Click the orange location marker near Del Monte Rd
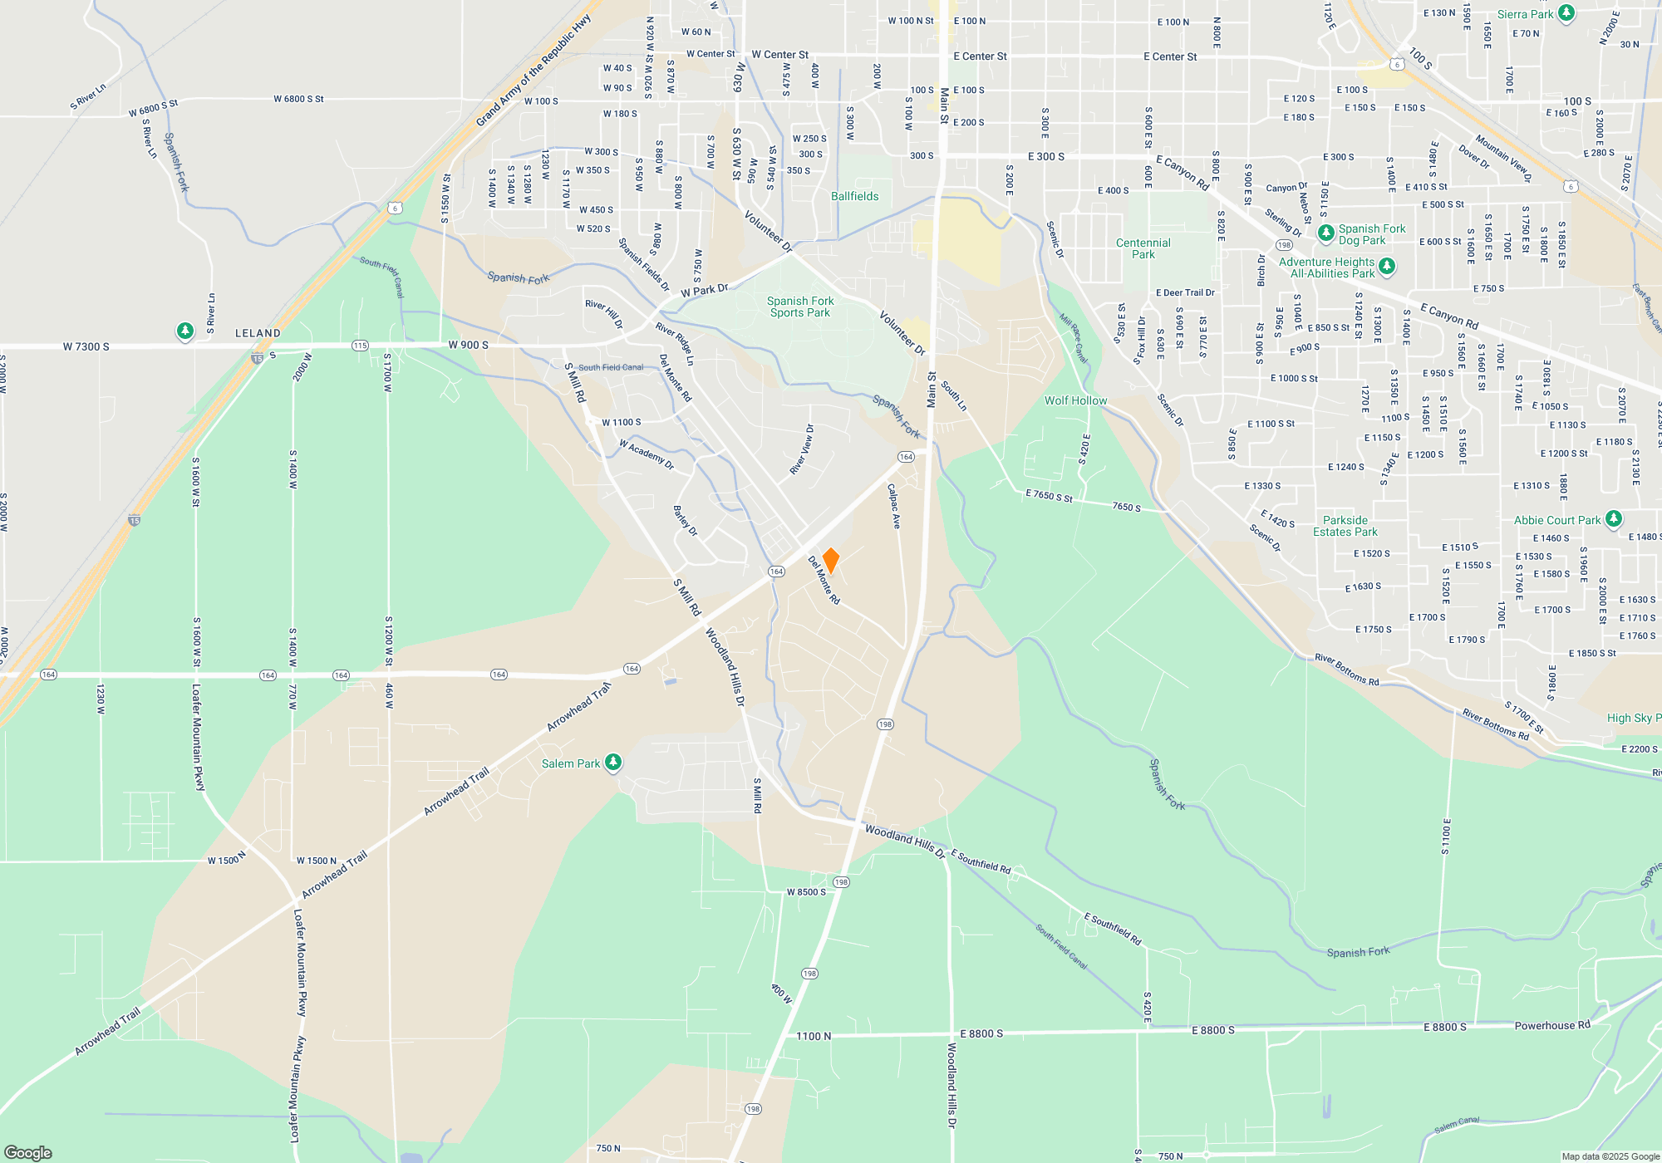830,560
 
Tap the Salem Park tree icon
613,762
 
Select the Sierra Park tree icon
1566,13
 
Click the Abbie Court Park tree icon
1613,519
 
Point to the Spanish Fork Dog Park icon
1326,233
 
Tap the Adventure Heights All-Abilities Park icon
1386,266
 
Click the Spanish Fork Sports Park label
799,307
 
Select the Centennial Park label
1143,248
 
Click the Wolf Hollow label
1075,400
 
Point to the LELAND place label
258,333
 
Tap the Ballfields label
854,196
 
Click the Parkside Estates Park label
1345,526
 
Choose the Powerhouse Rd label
1551,1025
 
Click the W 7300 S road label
86,346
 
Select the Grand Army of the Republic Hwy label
533,71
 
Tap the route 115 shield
360,346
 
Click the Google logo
28,1152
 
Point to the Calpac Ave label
894,506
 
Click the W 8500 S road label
806,892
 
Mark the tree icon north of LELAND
184,331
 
